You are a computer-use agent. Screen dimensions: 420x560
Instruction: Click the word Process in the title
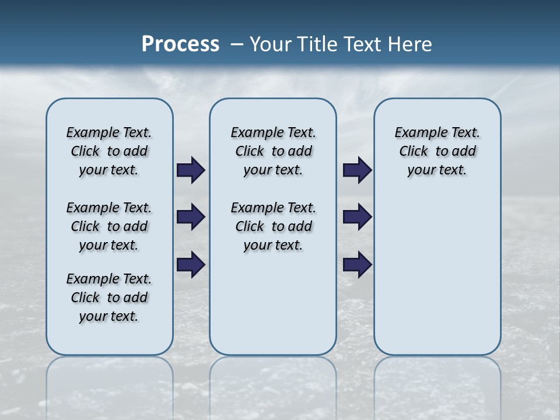pos(180,44)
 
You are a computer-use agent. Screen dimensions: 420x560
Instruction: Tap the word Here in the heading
pos(410,44)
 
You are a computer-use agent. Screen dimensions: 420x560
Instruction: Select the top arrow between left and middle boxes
pos(191,170)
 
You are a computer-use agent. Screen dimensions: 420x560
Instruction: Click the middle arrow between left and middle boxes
pos(191,217)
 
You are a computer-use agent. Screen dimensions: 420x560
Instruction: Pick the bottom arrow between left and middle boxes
pos(191,265)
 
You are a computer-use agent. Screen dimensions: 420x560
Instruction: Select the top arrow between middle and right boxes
pos(357,170)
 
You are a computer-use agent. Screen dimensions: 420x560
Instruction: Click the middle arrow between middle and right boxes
pos(357,217)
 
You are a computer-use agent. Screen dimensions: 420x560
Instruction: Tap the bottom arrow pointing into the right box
pos(357,265)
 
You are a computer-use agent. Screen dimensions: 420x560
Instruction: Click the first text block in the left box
pos(109,151)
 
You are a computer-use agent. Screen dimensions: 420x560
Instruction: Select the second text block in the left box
pos(109,226)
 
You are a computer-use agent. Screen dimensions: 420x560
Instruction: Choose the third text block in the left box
pos(109,297)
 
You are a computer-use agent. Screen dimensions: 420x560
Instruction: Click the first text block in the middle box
pos(273,151)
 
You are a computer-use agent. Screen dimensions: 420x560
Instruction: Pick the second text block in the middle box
pos(273,226)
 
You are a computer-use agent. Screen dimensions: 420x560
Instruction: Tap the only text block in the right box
pos(437,151)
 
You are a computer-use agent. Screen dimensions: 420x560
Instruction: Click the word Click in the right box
pos(414,152)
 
